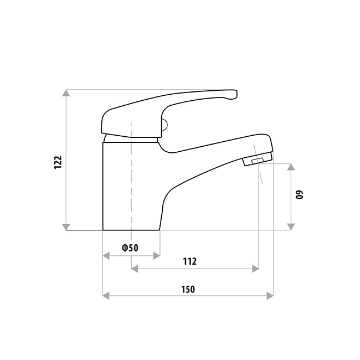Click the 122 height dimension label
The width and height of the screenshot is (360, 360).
pyautogui.click(x=58, y=163)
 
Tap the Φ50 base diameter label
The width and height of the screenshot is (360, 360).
pyautogui.click(x=130, y=248)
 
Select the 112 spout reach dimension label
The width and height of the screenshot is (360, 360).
pyautogui.click(x=189, y=261)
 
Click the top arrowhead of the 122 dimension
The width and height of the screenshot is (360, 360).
pyautogui.click(x=66, y=94)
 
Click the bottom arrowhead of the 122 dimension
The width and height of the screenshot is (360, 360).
pyautogui.click(x=66, y=226)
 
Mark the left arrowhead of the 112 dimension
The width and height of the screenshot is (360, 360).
pyautogui.click(x=135, y=269)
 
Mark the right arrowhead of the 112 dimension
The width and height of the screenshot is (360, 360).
pyautogui.click(x=255, y=269)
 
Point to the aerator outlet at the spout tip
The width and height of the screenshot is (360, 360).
pyautogui.click(x=256, y=161)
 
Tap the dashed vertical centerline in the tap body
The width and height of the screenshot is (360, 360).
pyautogui.click(x=131, y=183)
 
